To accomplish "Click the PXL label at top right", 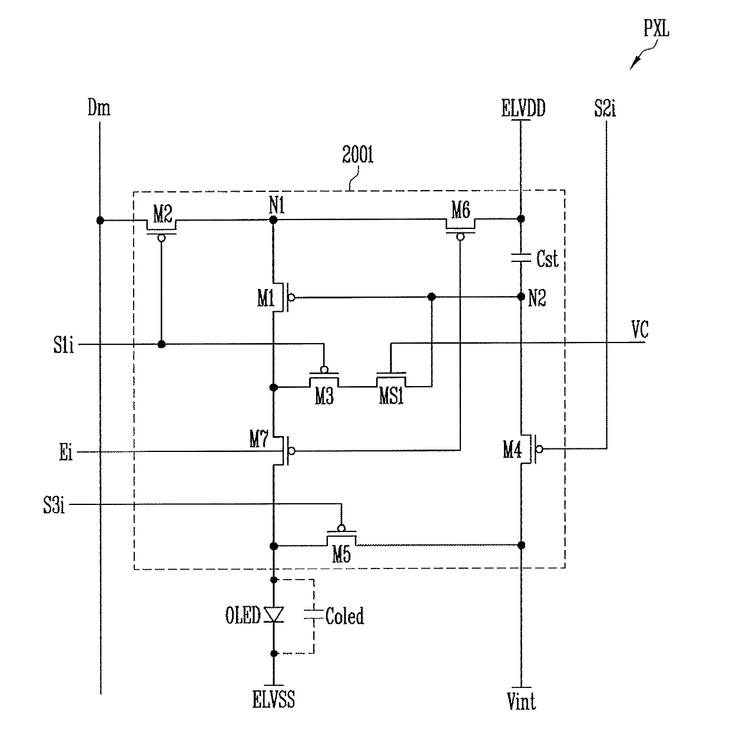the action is point(656,28).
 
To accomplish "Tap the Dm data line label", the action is point(99,108).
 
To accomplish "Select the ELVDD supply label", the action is point(523,108).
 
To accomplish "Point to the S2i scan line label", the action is point(605,108).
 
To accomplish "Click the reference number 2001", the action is point(357,155).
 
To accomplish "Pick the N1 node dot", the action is point(273,220).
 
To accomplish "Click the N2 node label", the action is point(537,298).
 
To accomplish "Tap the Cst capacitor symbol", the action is point(521,258).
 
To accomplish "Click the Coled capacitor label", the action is point(344,616).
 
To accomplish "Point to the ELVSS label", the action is point(274,699).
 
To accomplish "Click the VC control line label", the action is point(640,330).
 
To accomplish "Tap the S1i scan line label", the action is point(64,344).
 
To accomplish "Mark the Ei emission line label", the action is point(66,452).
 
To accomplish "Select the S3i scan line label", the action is point(54,505).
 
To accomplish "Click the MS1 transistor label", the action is point(391,395).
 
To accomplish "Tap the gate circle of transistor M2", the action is point(161,238).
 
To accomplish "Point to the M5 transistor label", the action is point(341,554).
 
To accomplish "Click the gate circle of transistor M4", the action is point(540,449).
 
